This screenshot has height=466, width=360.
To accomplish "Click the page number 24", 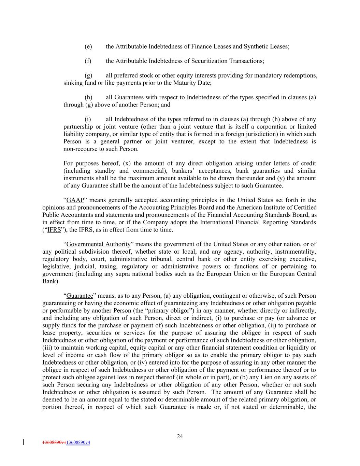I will pyautogui.click(x=180, y=436).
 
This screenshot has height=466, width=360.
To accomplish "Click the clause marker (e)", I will pyautogui.click(x=88, y=46).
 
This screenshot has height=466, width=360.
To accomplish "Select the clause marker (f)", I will pyautogui.click(x=88, y=61).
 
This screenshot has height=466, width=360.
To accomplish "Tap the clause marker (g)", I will pyautogui.click(x=88, y=75).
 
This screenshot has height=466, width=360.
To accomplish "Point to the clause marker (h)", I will pyautogui.click(x=88, y=97).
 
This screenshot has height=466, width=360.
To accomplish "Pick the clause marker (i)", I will pyautogui.click(x=88, y=119).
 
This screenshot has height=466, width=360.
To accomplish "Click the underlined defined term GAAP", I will pyautogui.click(x=75, y=200).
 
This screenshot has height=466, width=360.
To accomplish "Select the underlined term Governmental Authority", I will pyautogui.click(x=98, y=244).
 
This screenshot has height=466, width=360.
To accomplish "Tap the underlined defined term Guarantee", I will pyautogui.click(x=80, y=296).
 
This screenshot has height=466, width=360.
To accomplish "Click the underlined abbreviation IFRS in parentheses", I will pyautogui.click(x=54, y=230).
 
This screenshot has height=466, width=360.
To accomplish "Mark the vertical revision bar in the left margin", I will pyautogui.click(x=23, y=442).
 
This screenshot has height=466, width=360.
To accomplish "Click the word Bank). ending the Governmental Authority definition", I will pyautogui.click(x=51, y=281).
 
